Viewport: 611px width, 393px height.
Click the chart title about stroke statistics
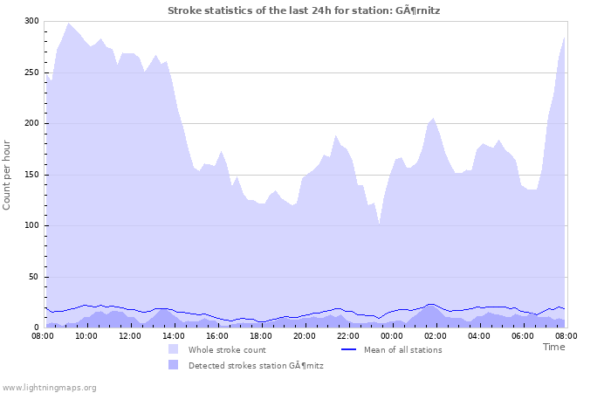310,10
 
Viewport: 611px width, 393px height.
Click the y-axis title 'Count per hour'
8,174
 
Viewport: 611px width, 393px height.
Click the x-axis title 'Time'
553,347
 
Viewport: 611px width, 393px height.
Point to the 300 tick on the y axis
31,21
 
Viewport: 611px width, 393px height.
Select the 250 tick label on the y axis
31,72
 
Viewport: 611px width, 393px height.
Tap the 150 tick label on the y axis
31,175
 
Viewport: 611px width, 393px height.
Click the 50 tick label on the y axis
34,277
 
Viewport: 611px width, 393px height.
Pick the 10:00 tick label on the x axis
86,335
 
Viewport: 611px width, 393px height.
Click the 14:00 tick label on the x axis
173,335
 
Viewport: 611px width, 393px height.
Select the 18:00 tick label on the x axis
260,335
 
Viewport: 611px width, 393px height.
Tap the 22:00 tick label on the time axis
347,335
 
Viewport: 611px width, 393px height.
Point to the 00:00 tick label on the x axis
391,335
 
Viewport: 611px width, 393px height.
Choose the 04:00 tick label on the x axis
478,335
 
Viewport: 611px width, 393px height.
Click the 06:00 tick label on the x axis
522,335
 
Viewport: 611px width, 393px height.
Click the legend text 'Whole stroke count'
227,349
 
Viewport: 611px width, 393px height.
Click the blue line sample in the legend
348,349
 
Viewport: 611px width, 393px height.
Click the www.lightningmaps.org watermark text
49,387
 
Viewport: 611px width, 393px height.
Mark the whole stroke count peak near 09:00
68,24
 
